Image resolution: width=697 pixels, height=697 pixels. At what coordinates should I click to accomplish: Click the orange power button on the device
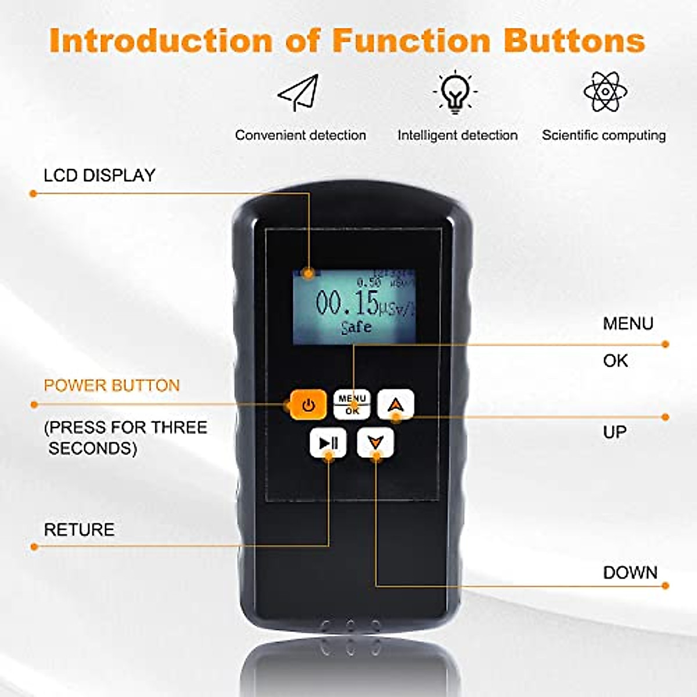coord(308,404)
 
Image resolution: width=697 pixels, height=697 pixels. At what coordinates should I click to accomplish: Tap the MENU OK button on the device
coord(352,404)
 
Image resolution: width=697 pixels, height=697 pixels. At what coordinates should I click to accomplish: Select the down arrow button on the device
coord(375,443)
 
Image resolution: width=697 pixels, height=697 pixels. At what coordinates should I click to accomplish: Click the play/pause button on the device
coord(328,443)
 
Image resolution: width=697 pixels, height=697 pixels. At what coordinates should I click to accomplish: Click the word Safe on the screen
coord(356,327)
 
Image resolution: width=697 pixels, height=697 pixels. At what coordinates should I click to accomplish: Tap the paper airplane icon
coord(299,92)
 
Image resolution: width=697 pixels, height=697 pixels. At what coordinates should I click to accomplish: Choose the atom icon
coord(605,91)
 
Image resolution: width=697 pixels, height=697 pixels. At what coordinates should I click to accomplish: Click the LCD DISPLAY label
coord(99,175)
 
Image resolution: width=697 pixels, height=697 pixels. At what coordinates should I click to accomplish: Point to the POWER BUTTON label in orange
coord(112,386)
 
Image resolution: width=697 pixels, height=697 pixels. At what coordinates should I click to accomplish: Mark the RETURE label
coord(79,530)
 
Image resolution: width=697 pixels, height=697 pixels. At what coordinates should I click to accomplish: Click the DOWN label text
coord(630,573)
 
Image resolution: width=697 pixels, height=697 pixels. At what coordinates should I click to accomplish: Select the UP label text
coord(615,432)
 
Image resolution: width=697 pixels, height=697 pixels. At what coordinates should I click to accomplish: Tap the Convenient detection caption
coord(300,135)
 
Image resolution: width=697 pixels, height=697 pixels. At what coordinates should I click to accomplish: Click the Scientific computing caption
coord(603,135)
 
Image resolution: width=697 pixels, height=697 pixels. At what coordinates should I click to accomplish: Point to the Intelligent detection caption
coord(457,135)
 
